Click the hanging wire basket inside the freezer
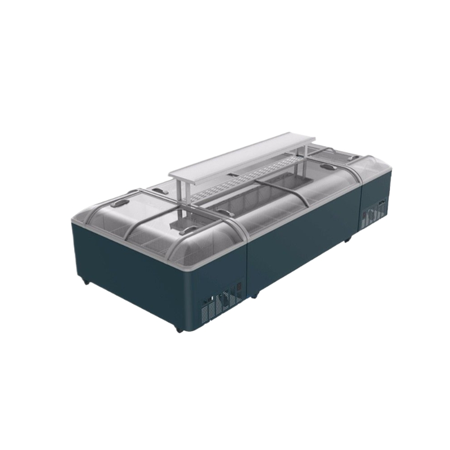[179, 226]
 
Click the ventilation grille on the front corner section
[225, 304]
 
